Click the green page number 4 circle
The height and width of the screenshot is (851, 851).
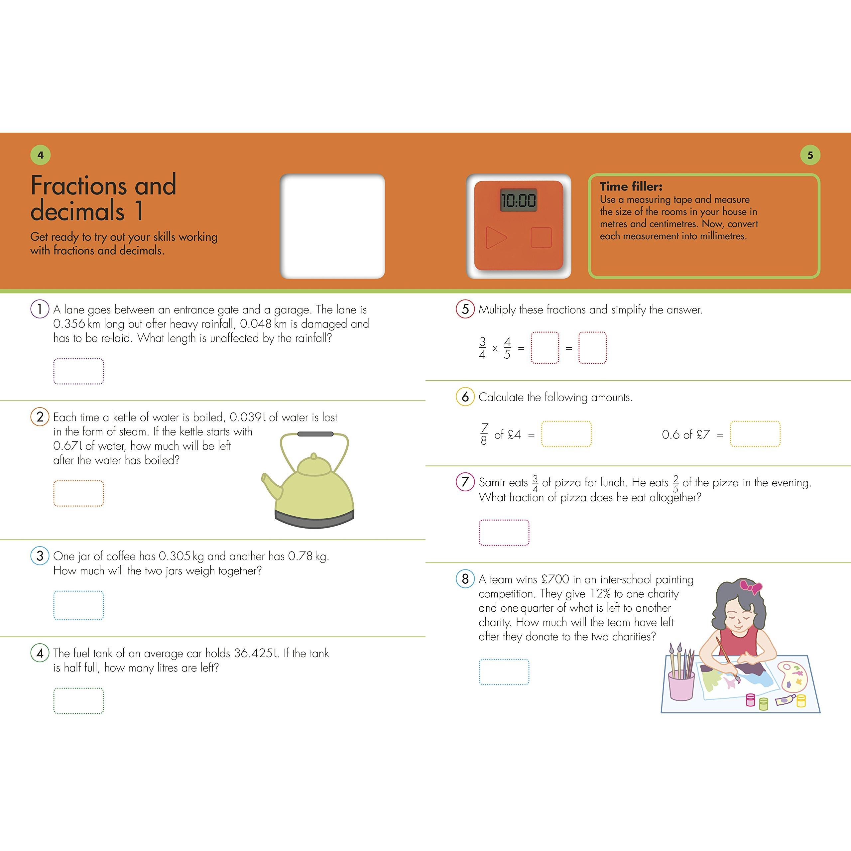tap(41, 155)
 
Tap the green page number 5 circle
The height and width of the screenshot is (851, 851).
tap(810, 155)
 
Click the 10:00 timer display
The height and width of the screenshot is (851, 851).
tap(519, 200)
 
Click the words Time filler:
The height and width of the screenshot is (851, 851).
tap(631, 186)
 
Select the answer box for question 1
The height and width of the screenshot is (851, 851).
tap(79, 371)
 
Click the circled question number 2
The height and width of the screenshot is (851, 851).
tap(40, 417)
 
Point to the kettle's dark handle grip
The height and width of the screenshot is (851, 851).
tap(315, 434)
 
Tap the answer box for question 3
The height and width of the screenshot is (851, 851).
tap(79, 605)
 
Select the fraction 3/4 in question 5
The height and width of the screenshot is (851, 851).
tap(482, 348)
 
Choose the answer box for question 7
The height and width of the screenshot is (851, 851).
tap(504, 533)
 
